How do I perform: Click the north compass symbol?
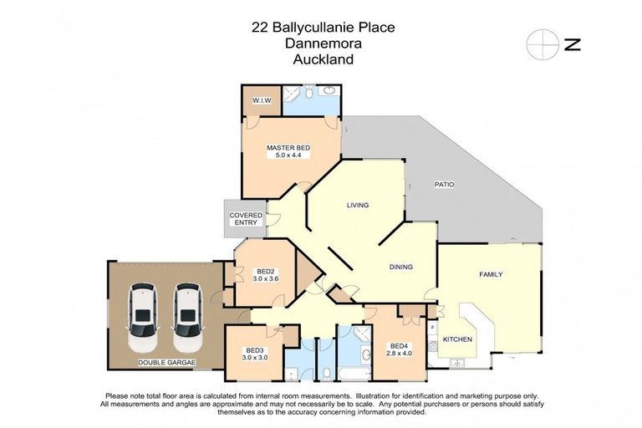click(542, 44)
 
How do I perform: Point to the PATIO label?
click(443, 184)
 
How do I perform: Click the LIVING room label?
click(358, 205)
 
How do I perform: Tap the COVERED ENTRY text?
click(246, 220)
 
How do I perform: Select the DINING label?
click(401, 267)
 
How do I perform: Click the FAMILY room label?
click(491, 274)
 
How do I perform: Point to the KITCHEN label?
click(457, 339)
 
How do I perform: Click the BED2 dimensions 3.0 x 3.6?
click(266, 279)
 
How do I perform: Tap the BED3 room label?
click(254, 349)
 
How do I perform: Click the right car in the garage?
click(188, 318)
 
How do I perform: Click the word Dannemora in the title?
click(322, 43)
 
